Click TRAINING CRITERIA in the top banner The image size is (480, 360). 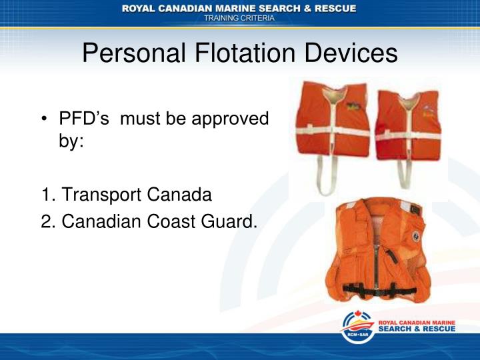tap(239, 19)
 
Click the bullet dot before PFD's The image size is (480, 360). tap(45, 119)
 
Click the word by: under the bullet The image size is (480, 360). tap(71, 142)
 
